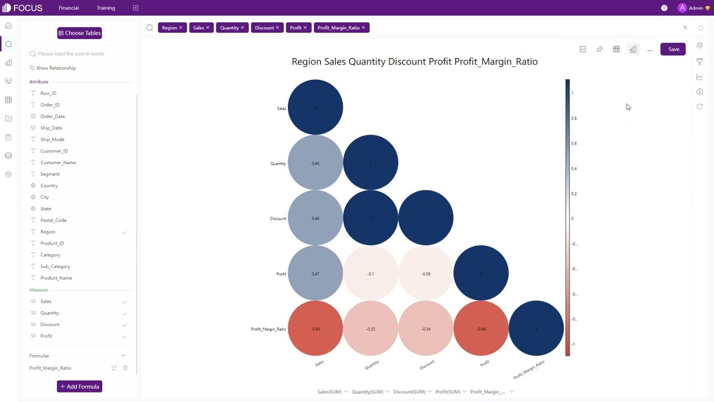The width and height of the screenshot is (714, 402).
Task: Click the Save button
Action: pos(673,49)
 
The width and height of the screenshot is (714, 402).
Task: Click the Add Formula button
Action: pos(79,386)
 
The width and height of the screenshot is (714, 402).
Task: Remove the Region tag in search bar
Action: pos(181,27)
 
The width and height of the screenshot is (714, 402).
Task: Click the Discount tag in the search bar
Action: pos(264,27)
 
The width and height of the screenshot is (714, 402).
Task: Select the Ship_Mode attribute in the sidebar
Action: pos(52,140)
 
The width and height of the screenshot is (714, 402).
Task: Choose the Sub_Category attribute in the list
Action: pos(55,266)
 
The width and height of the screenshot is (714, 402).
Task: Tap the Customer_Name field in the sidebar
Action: pos(58,162)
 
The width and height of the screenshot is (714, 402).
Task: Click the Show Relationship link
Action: pos(56,68)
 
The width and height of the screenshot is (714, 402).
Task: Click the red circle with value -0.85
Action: pos(315,329)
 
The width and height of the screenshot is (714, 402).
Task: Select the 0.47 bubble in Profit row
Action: pos(315,274)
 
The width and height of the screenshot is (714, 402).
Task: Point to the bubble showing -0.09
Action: pos(426,274)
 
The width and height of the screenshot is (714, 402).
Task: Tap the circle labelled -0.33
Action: pos(370,329)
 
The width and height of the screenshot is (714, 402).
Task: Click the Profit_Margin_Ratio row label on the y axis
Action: pos(268,329)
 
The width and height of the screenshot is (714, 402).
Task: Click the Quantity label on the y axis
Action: pos(278,164)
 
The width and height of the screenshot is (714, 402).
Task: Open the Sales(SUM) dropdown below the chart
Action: pos(332,392)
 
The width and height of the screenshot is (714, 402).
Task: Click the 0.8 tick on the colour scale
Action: pos(574,118)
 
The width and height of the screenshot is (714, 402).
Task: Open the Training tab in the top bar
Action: pos(105,8)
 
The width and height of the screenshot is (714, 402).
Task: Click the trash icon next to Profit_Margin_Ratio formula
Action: pos(125,368)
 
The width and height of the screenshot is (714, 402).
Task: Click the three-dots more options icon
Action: pos(650,50)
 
